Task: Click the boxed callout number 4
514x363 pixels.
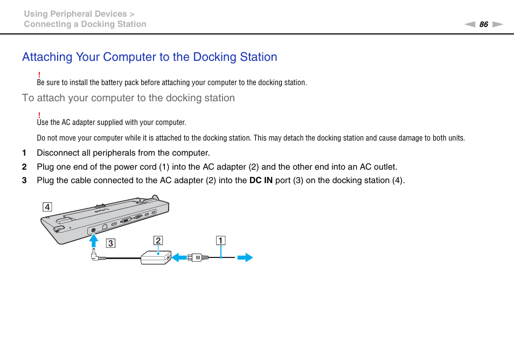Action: coord(48,207)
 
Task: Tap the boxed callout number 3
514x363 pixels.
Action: coord(110,243)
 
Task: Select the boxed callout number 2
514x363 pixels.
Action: coord(158,240)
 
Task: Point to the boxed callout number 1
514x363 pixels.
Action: coord(221,240)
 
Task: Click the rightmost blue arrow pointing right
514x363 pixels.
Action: coord(245,258)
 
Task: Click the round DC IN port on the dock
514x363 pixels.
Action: coord(94,229)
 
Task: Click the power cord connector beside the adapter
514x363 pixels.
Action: coord(198,258)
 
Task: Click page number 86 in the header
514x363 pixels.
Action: coord(483,24)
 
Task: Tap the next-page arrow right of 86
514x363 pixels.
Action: coord(497,24)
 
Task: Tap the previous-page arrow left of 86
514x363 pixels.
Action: coord(470,24)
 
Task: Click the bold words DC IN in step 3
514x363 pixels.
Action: coord(261,180)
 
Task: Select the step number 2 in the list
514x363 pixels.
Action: coord(24,167)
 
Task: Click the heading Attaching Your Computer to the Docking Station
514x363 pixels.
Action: coord(150,57)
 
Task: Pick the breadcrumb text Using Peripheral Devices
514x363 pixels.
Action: coord(75,14)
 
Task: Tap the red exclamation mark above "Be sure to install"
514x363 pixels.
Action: coord(40,74)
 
